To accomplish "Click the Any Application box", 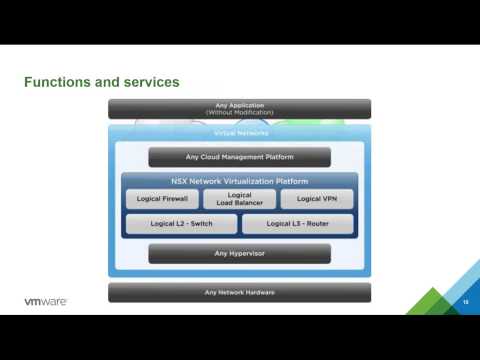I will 239,108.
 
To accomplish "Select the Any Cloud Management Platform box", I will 239,157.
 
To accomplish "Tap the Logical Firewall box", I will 162,199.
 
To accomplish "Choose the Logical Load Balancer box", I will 239,199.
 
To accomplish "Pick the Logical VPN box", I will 316,199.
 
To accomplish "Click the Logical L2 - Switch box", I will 181,224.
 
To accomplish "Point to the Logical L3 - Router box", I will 297,224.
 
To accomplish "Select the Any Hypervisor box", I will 239,253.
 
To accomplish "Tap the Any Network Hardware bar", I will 239,292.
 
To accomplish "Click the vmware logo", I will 45,301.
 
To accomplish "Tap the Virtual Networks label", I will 240,133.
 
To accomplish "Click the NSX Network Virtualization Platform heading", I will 239,181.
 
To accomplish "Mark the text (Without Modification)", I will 239,112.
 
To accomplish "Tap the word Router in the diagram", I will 316,224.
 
